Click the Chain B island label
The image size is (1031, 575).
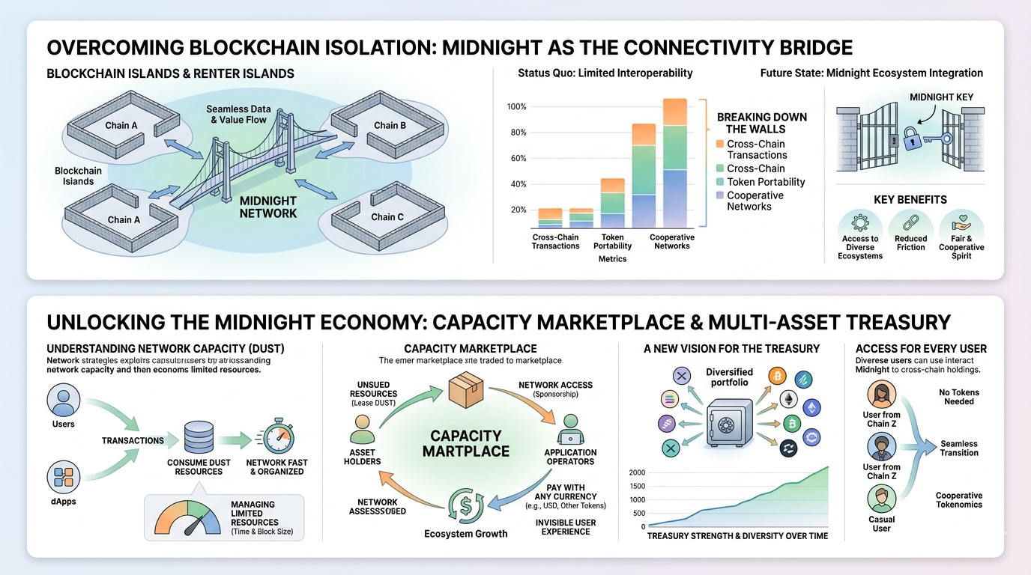(x=390, y=125)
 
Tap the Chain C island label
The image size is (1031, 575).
(x=387, y=217)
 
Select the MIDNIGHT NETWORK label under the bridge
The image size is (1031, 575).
(x=267, y=207)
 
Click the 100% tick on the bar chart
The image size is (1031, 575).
(x=516, y=107)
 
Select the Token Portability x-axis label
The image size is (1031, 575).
(x=612, y=241)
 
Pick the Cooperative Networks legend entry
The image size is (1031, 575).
(x=755, y=201)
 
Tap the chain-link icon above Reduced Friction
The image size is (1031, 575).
(x=910, y=222)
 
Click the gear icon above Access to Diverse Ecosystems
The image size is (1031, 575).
(x=860, y=223)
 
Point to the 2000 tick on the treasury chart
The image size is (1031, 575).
(x=637, y=472)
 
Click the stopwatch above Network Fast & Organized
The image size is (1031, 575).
(x=274, y=439)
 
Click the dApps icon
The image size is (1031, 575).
(x=63, y=476)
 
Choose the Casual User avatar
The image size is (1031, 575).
(x=882, y=498)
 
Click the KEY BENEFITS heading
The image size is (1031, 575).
(x=910, y=200)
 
